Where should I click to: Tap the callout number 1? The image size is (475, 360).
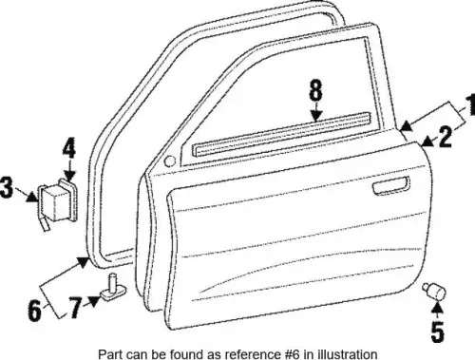tap(471, 104)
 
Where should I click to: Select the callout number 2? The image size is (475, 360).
tap(446, 137)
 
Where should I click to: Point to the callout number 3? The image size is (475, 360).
tap(7, 187)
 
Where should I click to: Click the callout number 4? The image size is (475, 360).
tap(68, 148)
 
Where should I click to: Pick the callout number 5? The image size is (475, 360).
tap(437, 331)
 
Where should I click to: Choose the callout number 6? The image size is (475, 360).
tap(34, 310)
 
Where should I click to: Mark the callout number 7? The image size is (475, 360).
tap(75, 308)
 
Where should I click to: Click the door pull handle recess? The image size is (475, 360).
tap(390, 185)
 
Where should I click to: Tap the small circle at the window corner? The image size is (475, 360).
tap(170, 161)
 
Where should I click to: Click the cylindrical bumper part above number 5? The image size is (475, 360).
tap(434, 291)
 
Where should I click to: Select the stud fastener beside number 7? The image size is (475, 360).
tap(113, 286)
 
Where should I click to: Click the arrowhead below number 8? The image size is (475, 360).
tap(316, 116)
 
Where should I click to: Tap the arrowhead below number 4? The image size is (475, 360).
tap(69, 176)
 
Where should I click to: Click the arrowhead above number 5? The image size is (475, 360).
tap(437, 306)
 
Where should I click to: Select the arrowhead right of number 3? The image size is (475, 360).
tap(32, 198)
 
